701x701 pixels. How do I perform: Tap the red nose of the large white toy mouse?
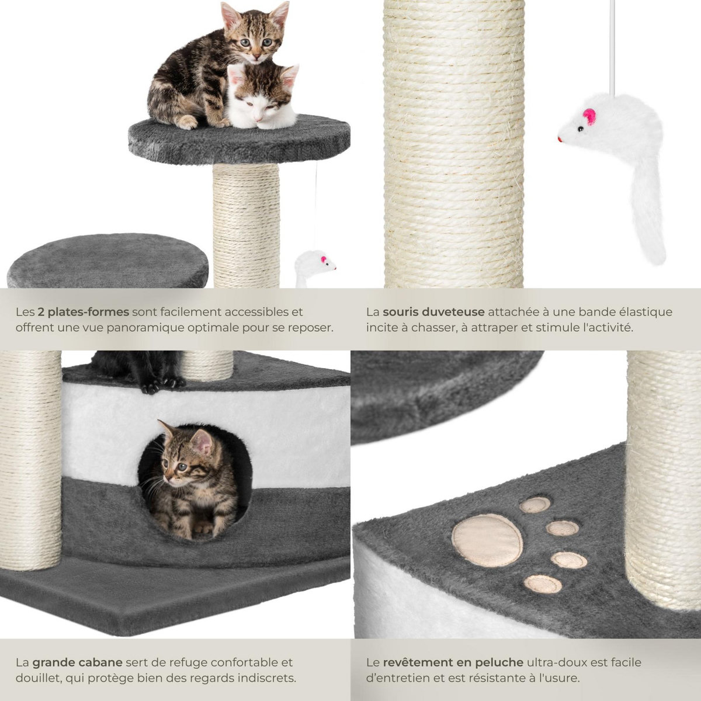coord(560,140)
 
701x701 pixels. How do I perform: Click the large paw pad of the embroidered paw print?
coord(487,540)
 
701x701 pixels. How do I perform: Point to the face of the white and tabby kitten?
coord(261,99)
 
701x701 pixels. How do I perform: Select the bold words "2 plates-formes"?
coord(84,312)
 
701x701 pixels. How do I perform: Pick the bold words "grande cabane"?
coord(77,662)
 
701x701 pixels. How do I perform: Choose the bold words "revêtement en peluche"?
coord(453,662)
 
